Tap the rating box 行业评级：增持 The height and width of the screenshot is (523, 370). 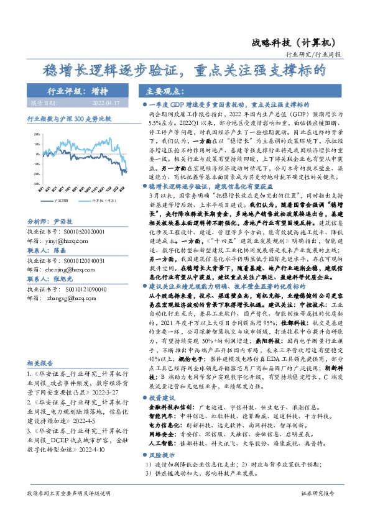pyautogui.click(x=73, y=91)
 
